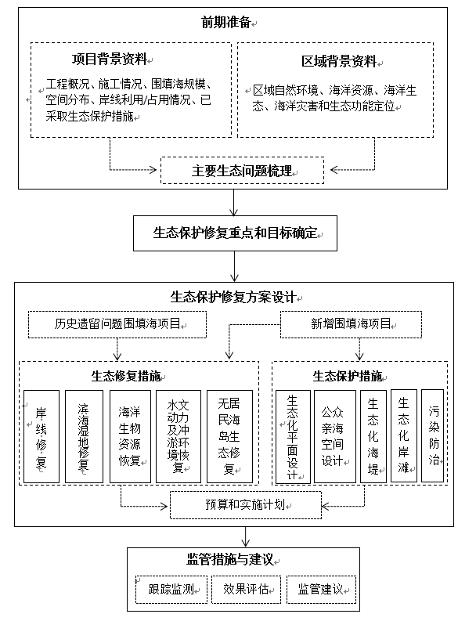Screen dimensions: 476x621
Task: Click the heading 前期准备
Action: [x=226, y=22]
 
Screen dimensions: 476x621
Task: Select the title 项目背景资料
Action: [x=110, y=59]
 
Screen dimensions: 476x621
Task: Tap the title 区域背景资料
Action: [x=339, y=61]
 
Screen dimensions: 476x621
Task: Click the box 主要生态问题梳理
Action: [x=242, y=170]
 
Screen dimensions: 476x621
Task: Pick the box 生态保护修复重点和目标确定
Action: [x=235, y=233]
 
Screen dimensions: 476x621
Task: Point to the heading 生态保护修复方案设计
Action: [x=233, y=297]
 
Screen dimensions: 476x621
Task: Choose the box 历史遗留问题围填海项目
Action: [x=117, y=324]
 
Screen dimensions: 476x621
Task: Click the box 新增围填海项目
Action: [x=351, y=324]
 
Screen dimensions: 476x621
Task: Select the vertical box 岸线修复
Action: [x=41, y=436]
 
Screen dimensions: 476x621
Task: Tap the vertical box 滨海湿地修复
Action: [x=84, y=436]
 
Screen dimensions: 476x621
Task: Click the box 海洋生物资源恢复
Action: [x=130, y=436]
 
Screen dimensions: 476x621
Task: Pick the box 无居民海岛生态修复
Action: [x=229, y=436]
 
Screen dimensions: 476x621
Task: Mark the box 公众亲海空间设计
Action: [x=334, y=436]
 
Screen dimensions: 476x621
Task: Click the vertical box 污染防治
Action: [x=432, y=435]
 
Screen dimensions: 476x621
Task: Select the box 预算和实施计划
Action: [x=246, y=505]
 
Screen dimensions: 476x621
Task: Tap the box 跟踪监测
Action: [x=171, y=590]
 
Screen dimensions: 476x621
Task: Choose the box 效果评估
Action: [x=247, y=590]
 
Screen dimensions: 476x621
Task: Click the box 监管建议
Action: [x=321, y=590]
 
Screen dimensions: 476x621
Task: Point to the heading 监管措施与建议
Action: [x=230, y=559]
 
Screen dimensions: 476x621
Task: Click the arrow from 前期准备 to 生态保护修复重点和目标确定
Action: [x=233, y=202]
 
